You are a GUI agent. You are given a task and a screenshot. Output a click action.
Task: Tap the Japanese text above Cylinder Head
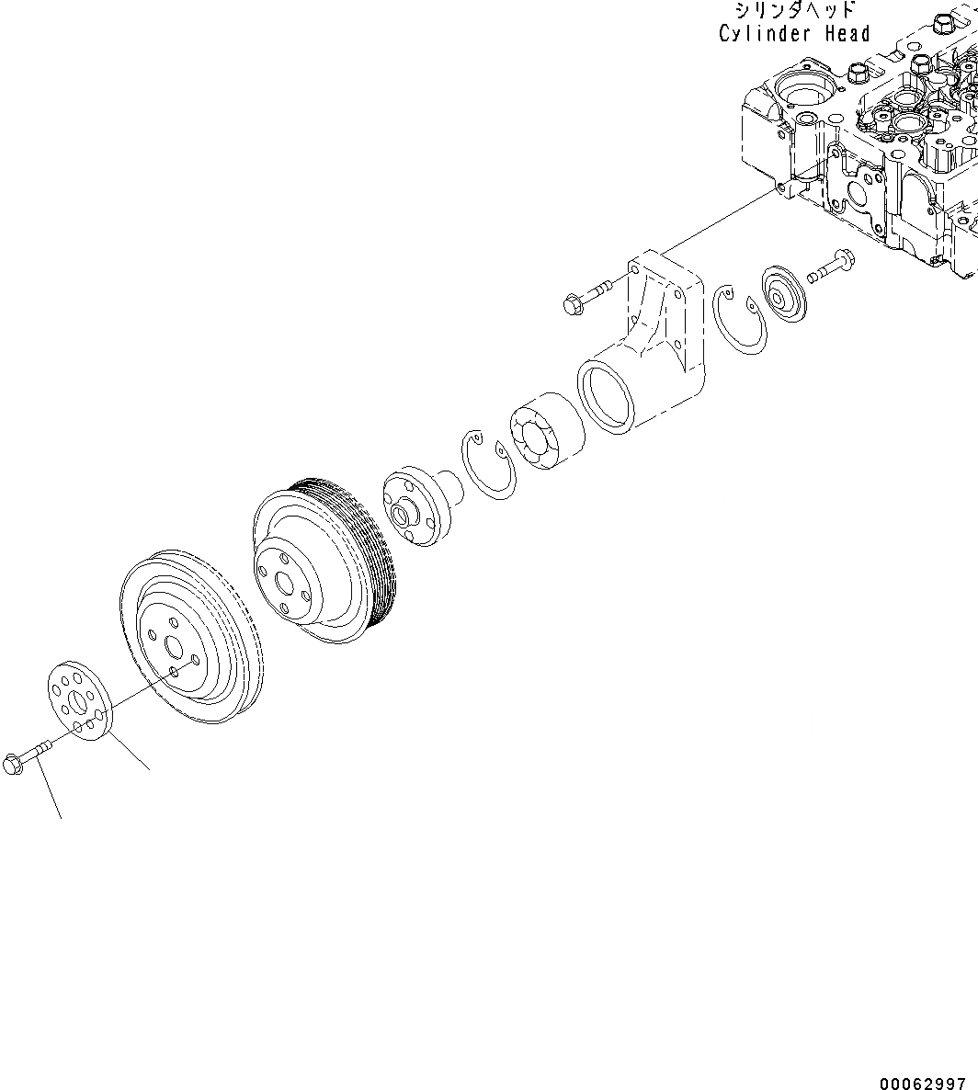[795, 11]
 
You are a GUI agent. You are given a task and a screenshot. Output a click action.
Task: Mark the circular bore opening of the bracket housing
[607, 396]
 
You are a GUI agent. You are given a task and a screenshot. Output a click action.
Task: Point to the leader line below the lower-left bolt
[49, 792]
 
